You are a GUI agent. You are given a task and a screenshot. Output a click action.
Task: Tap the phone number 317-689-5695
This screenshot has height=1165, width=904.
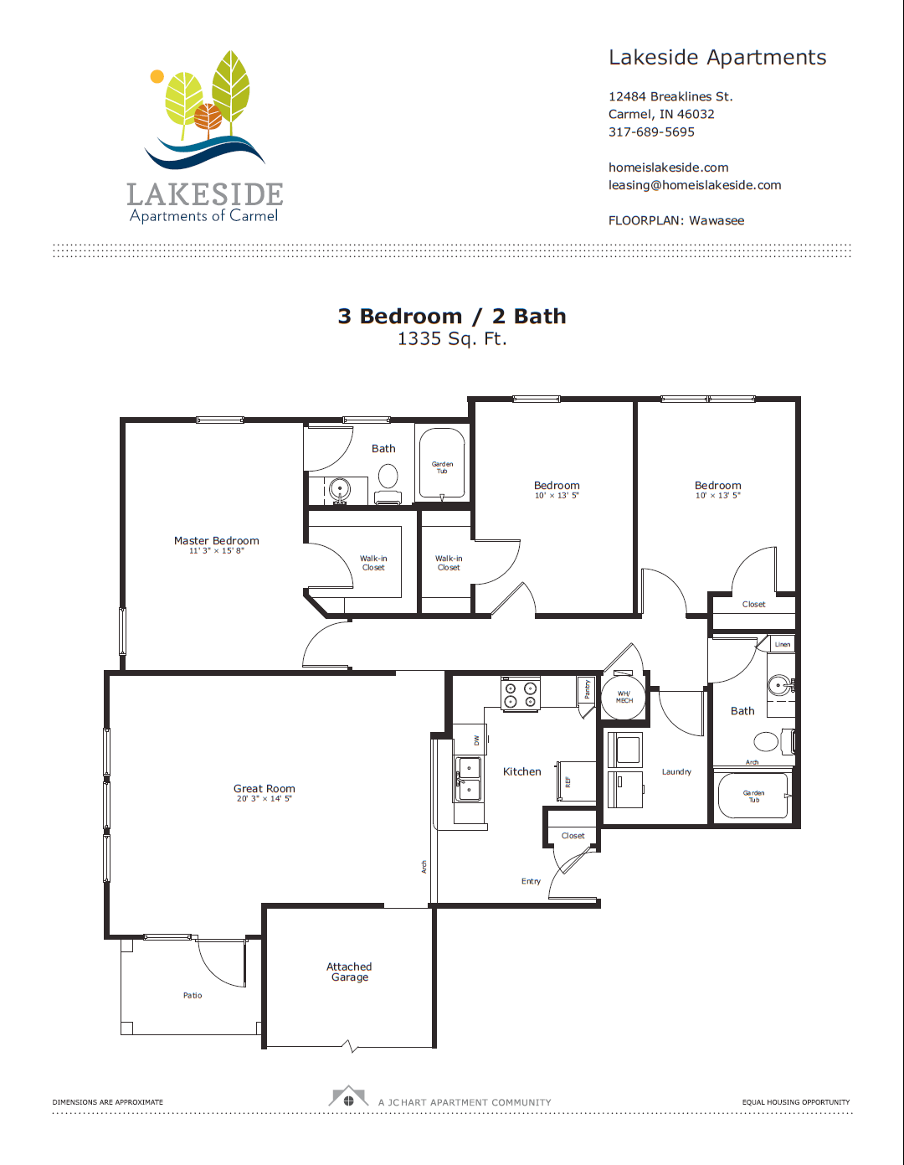click(651, 131)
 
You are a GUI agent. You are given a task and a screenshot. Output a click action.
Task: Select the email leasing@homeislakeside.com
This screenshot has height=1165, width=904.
click(694, 185)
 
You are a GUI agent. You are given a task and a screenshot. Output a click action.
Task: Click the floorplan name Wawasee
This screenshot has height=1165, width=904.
click(717, 220)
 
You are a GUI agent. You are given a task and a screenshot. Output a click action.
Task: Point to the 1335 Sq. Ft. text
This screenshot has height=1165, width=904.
click(452, 338)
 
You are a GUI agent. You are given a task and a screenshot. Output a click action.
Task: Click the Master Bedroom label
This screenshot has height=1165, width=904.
click(216, 541)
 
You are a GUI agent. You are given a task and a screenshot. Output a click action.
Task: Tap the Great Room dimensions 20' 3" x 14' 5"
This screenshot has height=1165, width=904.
click(264, 799)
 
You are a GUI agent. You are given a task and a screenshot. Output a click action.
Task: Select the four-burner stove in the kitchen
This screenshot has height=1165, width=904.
click(520, 695)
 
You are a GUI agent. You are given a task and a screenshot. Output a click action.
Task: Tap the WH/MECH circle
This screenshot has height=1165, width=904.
click(624, 697)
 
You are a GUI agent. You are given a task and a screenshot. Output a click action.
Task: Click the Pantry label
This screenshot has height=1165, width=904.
click(588, 689)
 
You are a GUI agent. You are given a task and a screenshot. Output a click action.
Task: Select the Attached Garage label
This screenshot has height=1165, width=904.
click(349, 972)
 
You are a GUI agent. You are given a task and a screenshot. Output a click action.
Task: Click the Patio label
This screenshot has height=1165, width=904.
click(193, 996)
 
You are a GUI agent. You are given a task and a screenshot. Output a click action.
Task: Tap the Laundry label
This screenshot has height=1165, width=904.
click(676, 772)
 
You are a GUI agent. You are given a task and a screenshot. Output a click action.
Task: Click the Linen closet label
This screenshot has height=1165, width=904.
click(782, 644)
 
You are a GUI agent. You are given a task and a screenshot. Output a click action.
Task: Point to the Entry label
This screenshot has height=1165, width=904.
click(531, 881)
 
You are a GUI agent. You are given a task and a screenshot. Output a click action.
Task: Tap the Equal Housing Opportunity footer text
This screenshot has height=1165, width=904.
click(795, 1102)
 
